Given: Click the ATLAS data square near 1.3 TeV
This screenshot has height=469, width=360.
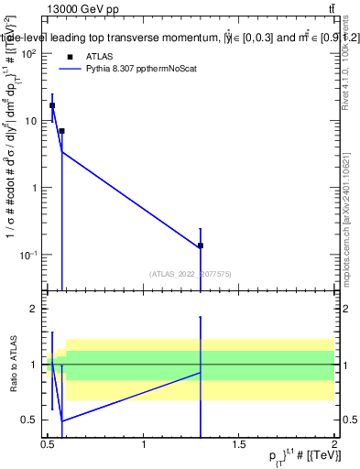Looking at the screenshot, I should (200, 245).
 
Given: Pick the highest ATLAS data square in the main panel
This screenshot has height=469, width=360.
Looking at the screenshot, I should (52, 105).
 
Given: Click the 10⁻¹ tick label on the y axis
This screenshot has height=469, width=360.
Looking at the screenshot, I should (27, 255).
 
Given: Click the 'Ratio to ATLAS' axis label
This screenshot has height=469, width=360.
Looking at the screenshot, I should (13, 365).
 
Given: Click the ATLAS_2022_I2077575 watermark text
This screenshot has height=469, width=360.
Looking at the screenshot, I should (190, 273).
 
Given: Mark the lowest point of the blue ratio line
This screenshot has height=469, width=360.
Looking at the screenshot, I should (62, 420).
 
